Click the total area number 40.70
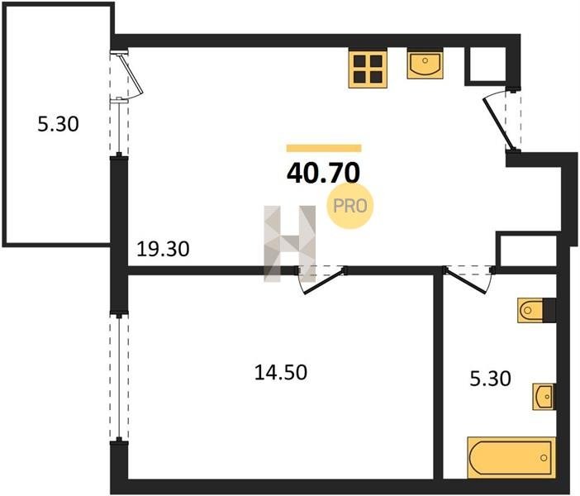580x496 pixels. (323, 174)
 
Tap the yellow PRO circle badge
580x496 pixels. (350, 206)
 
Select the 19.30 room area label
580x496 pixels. (163, 249)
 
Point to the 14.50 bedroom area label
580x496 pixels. (281, 372)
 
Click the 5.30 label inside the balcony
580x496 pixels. (58, 124)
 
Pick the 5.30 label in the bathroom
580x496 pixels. (491, 379)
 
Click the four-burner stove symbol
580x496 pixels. (368, 69)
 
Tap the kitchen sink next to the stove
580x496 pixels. (425, 63)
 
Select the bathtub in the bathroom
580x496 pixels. (511, 458)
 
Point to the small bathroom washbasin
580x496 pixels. (544, 397)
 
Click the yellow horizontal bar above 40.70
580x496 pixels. (324, 148)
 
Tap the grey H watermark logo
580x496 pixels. (290, 244)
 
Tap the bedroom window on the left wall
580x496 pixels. (119, 377)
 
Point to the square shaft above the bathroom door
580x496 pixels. (527, 250)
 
